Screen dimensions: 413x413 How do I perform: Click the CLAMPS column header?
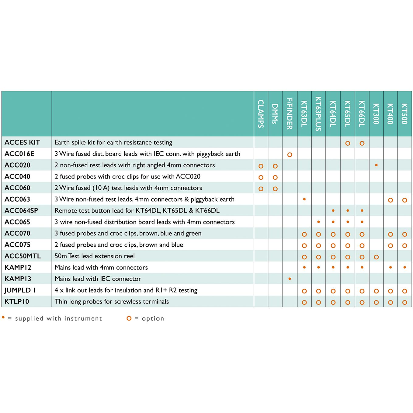(261, 114)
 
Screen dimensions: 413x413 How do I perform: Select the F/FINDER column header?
(290, 114)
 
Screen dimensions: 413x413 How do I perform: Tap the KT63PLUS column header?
(318, 114)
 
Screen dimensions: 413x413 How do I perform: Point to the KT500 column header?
(404, 114)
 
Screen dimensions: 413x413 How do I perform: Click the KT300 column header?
(376, 114)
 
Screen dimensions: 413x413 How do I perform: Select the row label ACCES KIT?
(22, 142)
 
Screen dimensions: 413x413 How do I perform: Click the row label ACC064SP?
(21, 210)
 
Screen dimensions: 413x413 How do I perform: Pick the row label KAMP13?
(18, 279)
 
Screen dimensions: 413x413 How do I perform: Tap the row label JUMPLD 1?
(20, 290)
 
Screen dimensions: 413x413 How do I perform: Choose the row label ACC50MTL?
(23, 256)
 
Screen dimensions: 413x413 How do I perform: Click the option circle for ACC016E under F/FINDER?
(290, 155)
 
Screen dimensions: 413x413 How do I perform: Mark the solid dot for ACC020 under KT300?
(376, 165)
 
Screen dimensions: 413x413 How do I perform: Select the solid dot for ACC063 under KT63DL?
(304, 199)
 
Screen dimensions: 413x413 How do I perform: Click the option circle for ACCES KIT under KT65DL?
(348, 143)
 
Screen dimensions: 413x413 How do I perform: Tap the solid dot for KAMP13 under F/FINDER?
(290, 279)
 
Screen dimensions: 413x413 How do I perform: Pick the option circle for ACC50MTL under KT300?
(376, 257)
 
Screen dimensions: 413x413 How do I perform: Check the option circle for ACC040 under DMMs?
(275, 177)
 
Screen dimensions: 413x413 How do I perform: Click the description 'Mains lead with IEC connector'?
(98, 279)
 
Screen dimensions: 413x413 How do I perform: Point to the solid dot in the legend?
(3, 318)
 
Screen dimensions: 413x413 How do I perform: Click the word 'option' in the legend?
(153, 318)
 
